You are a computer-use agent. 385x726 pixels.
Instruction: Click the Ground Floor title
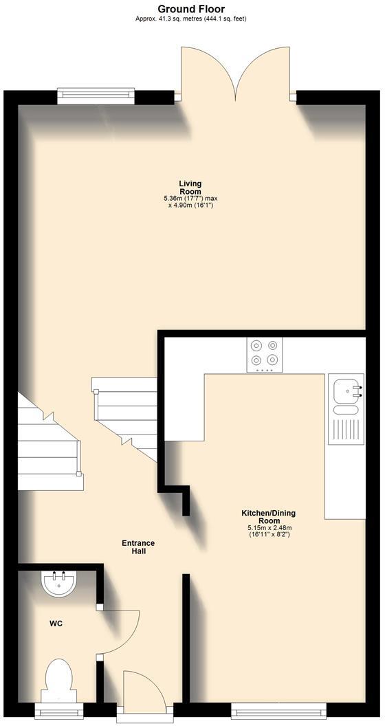pyautogui.click(x=191, y=8)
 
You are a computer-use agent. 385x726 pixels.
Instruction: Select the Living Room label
pyautogui.click(x=190, y=187)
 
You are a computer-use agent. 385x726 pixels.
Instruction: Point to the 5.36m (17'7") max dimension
pyautogui.click(x=190, y=199)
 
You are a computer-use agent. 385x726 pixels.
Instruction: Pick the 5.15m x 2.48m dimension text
pyautogui.click(x=269, y=528)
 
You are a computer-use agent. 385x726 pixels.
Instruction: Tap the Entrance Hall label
pyautogui.click(x=138, y=547)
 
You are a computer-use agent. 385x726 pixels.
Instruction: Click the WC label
pyautogui.click(x=56, y=624)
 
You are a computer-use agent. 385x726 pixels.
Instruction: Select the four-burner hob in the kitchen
pyautogui.click(x=264, y=355)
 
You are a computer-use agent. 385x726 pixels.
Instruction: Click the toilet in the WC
pyautogui.click(x=58, y=679)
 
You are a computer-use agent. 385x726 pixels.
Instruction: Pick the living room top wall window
pyautogui.click(x=96, y=95)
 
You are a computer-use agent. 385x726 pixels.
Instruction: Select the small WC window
pyautogui.click(x=58, y=709)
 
